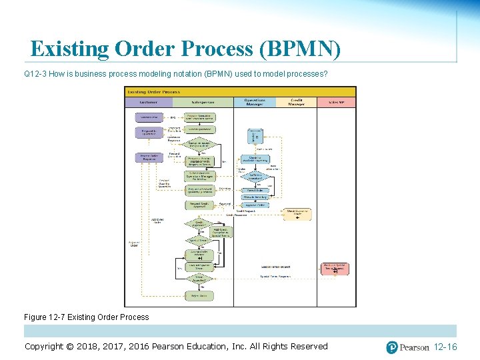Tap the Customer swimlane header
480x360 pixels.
point(149,102)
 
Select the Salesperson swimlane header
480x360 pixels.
point(203,102)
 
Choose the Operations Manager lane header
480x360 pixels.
point(253,102)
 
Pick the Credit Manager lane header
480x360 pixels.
point(297,102)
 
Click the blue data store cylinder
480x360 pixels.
point(255,136)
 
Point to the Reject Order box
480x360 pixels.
point(199,295)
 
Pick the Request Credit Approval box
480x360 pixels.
point(199,205)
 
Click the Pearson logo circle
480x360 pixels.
point(393,347)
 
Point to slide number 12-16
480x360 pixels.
point(445,347)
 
